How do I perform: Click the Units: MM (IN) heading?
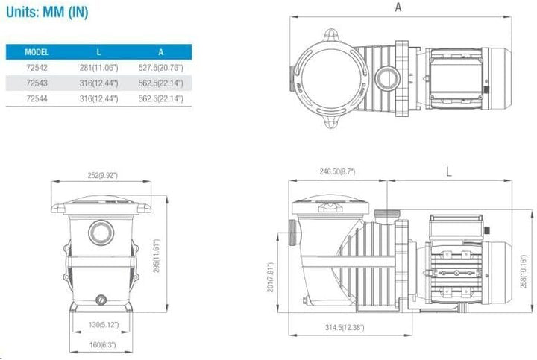point(47,12)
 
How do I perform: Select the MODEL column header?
point(37,52)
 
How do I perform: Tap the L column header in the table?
point(98,52)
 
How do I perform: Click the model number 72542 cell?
point(37,67)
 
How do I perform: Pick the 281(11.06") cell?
point(98,67)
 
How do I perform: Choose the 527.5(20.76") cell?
point(160,67)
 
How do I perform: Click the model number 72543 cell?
point(37,83)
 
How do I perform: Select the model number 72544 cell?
point(37,98)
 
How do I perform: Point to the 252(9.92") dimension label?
point(102,175)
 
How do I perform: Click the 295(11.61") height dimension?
point(156,256)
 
